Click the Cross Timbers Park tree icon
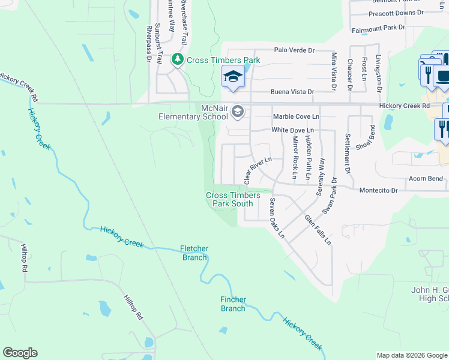click(x=178, y=59)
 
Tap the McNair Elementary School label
click(x=190, y=112)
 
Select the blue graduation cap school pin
click(x=233, y=77)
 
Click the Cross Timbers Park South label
click(x=234, y=199)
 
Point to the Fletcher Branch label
click(x=194, y=253)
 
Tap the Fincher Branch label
click(x=233, y=304)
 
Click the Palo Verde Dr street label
click(x=294, y=51)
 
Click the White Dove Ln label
click(x=293, y=130)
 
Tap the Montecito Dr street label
click(x=379, y=190)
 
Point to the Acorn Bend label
click(x=426, y=179)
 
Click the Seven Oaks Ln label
click(x=277, y=218)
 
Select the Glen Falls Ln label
click(x=318, y=229)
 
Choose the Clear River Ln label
click(x=258, y=171)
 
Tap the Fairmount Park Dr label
click(x=378, y=28)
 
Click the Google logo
click(x=20, y=353)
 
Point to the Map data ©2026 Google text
click(x=412, y=355)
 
